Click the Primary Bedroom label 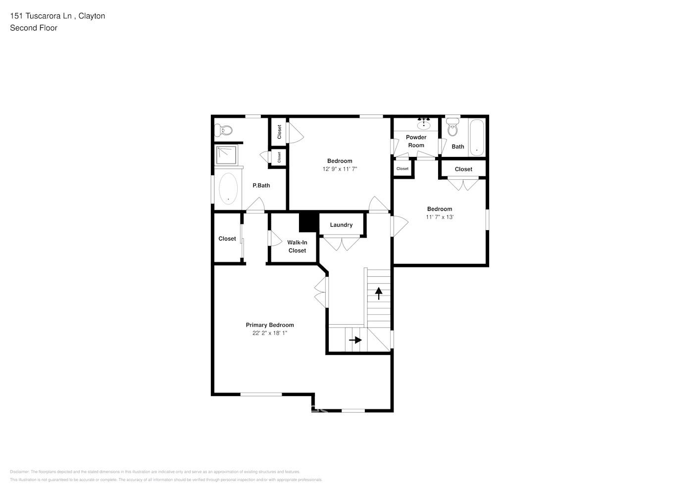coord(270,325)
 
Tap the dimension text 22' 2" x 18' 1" coord(270,333)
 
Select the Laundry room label coord(341,225)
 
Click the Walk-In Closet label coord(297,247)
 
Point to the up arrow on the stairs coord(379,294)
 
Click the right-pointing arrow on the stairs coord(355,340)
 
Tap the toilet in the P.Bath coord(224,130)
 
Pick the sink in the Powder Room coord(424,125)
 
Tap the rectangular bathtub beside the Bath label coord(477,137)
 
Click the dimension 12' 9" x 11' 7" coord(340,169)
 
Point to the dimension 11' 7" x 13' coord(440,217)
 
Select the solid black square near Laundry coord(308,221)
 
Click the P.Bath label coord(261,186)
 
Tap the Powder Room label coord(416,141)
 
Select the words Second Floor coord(34,28)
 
